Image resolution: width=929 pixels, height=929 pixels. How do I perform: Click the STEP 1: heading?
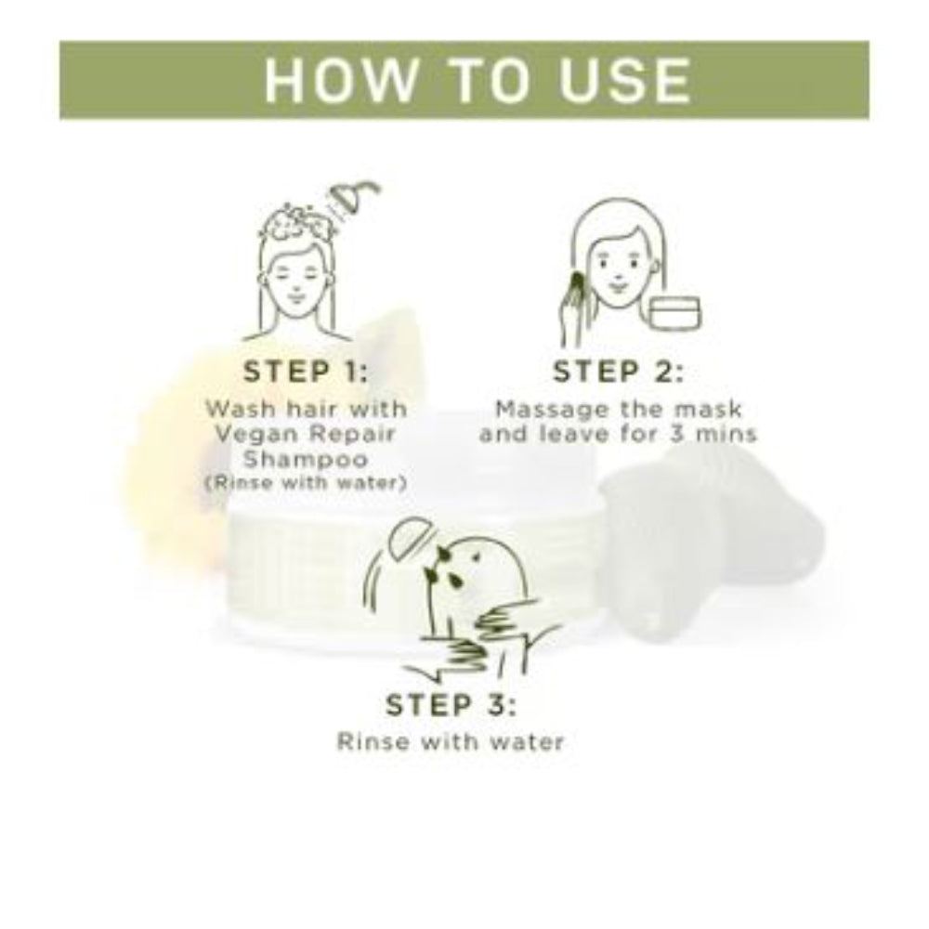click(x=306, y=373)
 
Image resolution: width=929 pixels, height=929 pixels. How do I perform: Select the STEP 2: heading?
click(x=618, y=373)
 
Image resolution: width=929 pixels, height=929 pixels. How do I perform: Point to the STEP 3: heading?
click(x=451, y=705)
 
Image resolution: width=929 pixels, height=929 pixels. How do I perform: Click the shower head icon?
click(x=354, y=199)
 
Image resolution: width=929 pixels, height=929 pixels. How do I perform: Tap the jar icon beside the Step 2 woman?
click(x=675, y=312)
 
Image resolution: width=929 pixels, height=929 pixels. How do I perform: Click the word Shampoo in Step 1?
click(x=306, y=459)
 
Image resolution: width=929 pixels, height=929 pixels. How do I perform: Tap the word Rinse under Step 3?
click(x=372, y=741)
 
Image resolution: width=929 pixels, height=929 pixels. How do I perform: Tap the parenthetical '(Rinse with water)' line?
click(x=306, y=483)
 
